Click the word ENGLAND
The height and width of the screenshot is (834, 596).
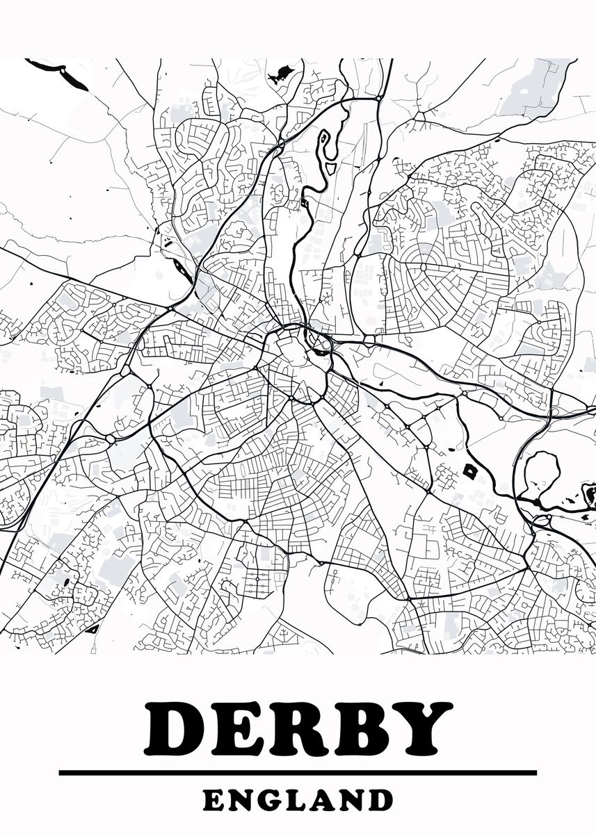[298, 800]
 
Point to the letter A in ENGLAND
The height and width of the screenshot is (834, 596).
[325, 800]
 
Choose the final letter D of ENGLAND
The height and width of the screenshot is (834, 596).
[380, 800]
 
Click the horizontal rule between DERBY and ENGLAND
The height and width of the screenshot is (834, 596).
[298, 772]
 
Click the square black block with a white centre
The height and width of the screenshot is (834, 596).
[471, 471]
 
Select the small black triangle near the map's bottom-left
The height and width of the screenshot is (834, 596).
[92, 629]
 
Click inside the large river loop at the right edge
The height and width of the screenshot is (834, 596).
[541, 474]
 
